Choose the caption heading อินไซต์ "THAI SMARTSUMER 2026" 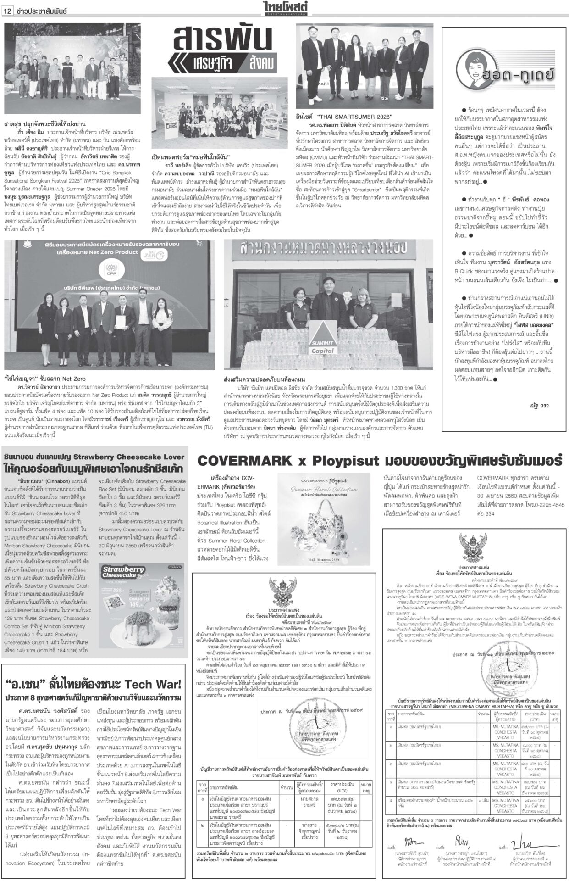[337, 117]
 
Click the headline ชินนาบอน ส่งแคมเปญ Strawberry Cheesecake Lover [94, 457]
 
